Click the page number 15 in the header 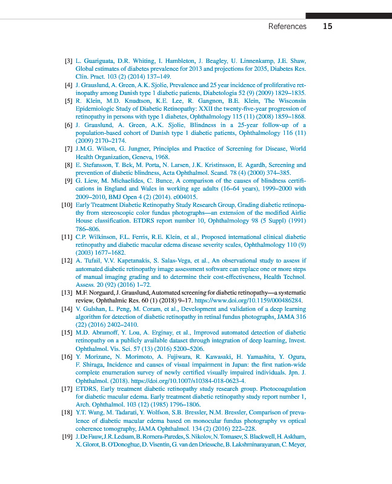327,26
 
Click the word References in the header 287,27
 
